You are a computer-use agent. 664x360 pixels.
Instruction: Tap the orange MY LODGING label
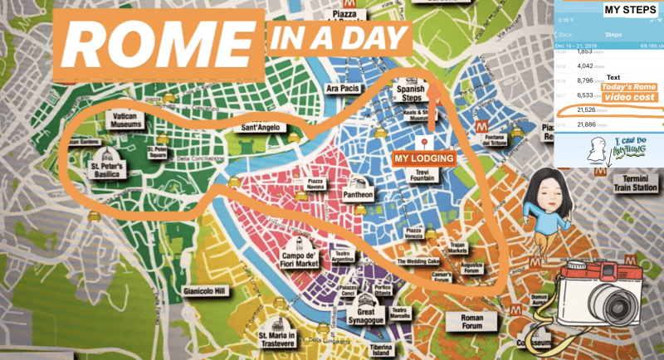point(423,158)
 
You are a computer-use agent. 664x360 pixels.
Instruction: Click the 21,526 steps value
point(571,109)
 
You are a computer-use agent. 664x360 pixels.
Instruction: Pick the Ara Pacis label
point(344,88)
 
